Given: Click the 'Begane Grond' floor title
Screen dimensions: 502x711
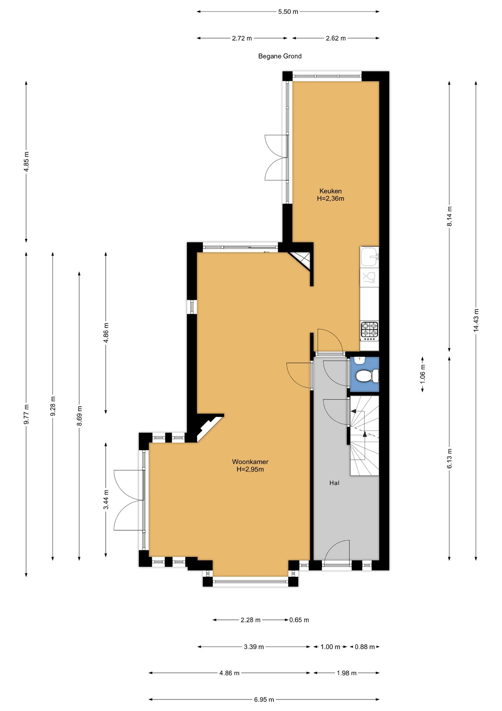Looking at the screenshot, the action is point(280,56).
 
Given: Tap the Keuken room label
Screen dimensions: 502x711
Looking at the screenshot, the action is point(330,191).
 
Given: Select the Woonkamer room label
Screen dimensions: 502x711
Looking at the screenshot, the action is point(250,462).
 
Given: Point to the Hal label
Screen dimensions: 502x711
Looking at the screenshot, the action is point(334,483).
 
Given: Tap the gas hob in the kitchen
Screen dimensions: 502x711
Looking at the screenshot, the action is point(369,330).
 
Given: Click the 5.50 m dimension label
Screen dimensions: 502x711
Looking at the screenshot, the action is point(288,12).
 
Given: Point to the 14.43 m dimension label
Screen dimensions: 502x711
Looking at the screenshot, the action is point(476,320).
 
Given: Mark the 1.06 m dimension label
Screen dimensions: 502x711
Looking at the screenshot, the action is point(423,375).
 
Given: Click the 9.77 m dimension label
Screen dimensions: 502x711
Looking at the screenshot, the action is point(26,414).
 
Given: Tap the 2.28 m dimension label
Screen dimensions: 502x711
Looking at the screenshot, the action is point(250,620).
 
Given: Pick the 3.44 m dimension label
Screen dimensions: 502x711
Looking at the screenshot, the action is point(106,499).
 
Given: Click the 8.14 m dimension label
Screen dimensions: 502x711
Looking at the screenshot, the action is point(450,216).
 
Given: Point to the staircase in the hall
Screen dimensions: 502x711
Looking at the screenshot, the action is point(364,436).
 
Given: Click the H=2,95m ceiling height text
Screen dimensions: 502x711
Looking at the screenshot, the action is point(250,470).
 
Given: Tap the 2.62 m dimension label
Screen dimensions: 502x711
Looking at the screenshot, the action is point(336,38).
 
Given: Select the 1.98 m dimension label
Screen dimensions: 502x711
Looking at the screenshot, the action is point(347,673).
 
